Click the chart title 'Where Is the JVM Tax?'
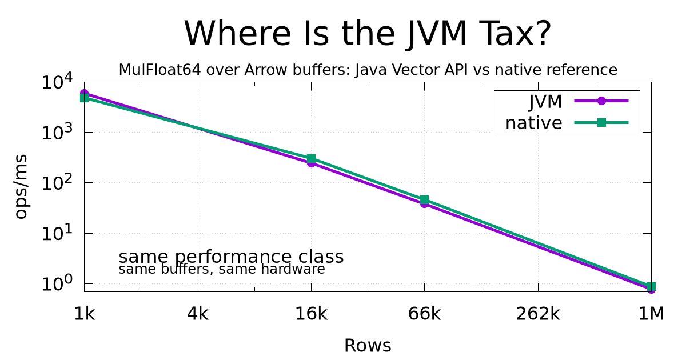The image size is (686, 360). pyautogui.click(x=368, y=33)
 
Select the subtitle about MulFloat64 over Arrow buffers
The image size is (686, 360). pyautogui.click(x=368, y=70)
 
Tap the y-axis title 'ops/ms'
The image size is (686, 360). pyautogui.click(x=21, y=187)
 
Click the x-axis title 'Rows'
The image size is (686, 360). pyautogui.click(x=368, y=346)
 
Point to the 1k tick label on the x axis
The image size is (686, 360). pyautogui.click(x=85, y=314)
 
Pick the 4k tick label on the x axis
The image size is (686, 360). pyautogui.click(x=198, y=314)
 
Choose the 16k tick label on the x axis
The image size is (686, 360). pyautogui.click(x=311, y=314)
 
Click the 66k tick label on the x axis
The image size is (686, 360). pyautogui.click(x=424, y=314)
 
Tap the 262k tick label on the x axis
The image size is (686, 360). pyautogui.click(x=538, y=314)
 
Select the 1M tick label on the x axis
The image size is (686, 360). pyautogui.click(x=651, y=314)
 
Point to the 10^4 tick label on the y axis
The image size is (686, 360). pyautogui.click(x=57, y=81)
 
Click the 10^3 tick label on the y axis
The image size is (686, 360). pyautogui.click(x=57, y=131)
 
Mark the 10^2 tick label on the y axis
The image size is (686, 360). pyautogui.click(x=57, y=182)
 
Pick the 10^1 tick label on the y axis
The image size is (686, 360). pyautogui.click(x=57, y=233)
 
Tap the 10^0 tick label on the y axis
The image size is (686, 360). pyautogui.click(x=57, y=283)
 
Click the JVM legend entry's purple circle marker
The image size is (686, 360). pyautogui.click(x=601, y=101)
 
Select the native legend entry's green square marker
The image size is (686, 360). pyautogui.click(x=601, y=123)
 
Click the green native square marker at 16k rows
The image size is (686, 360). pyautogui.click(x=311, y=159)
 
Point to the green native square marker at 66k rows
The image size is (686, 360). pyautogui.click(x=424, y=200)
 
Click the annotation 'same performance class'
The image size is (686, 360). pyautogui.click(x=231, y=257)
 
